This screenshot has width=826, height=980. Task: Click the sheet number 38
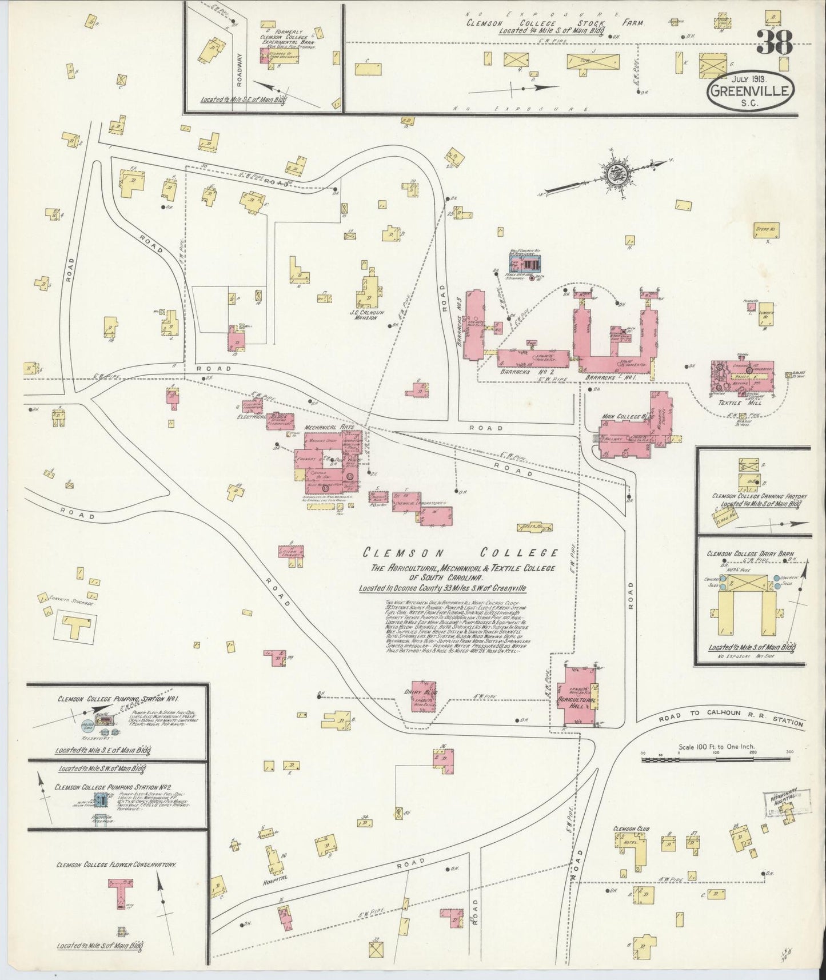point(775,43)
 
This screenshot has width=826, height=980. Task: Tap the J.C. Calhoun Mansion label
point(364,314)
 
